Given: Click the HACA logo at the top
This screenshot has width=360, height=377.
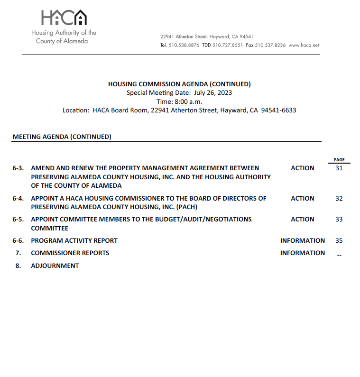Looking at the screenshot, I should (64, 18).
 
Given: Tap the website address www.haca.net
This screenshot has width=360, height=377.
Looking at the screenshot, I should (304, 46).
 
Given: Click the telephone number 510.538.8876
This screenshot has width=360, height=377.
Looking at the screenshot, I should (184, 46).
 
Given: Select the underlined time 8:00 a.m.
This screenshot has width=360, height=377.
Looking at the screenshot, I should (188, 101).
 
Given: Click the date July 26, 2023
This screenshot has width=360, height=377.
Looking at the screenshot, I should (212, 92).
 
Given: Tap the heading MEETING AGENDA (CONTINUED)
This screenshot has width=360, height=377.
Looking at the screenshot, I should (62, 137).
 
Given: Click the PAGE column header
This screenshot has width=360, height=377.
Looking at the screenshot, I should (339, 160).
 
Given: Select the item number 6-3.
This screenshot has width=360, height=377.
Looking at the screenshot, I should (18, 168).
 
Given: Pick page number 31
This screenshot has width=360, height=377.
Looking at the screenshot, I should (339, 168).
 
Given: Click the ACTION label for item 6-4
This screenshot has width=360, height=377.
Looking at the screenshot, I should (302, 198).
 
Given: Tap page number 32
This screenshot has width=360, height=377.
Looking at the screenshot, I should (339, 198).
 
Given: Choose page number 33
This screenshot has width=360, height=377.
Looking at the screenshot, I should (339, 219).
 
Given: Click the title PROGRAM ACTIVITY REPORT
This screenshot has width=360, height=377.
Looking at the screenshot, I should (74, 240).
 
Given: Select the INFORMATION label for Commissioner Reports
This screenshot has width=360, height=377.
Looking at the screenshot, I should (302, 253).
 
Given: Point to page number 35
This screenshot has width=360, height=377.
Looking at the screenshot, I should (339, 240).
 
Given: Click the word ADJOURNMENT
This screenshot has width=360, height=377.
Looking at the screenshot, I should (55, 266).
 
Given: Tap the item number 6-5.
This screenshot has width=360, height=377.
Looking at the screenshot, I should (18, 219).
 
